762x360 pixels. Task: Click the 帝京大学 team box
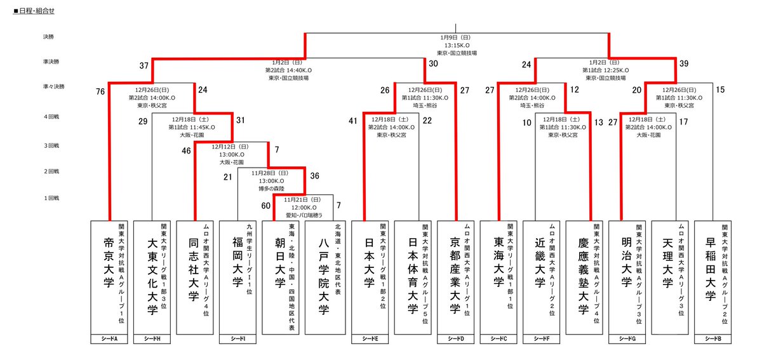pyautogui.click(x=111, y=277)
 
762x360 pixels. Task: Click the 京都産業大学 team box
pyautogui.click(x=457, y=277)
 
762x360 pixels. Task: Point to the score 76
pyautogui.click(x=100, y=92)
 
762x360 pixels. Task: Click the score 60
pyautogui.click(x=265, y=205)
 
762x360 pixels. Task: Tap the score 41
pyautogui.click(x=354, y=121)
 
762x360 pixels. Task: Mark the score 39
pyautogui.click(x=683, y=64)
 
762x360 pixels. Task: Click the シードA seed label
pyautogui.click(x=111, y=339)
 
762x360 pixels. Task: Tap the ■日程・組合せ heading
pyautogui.click(x=36, y=11)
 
